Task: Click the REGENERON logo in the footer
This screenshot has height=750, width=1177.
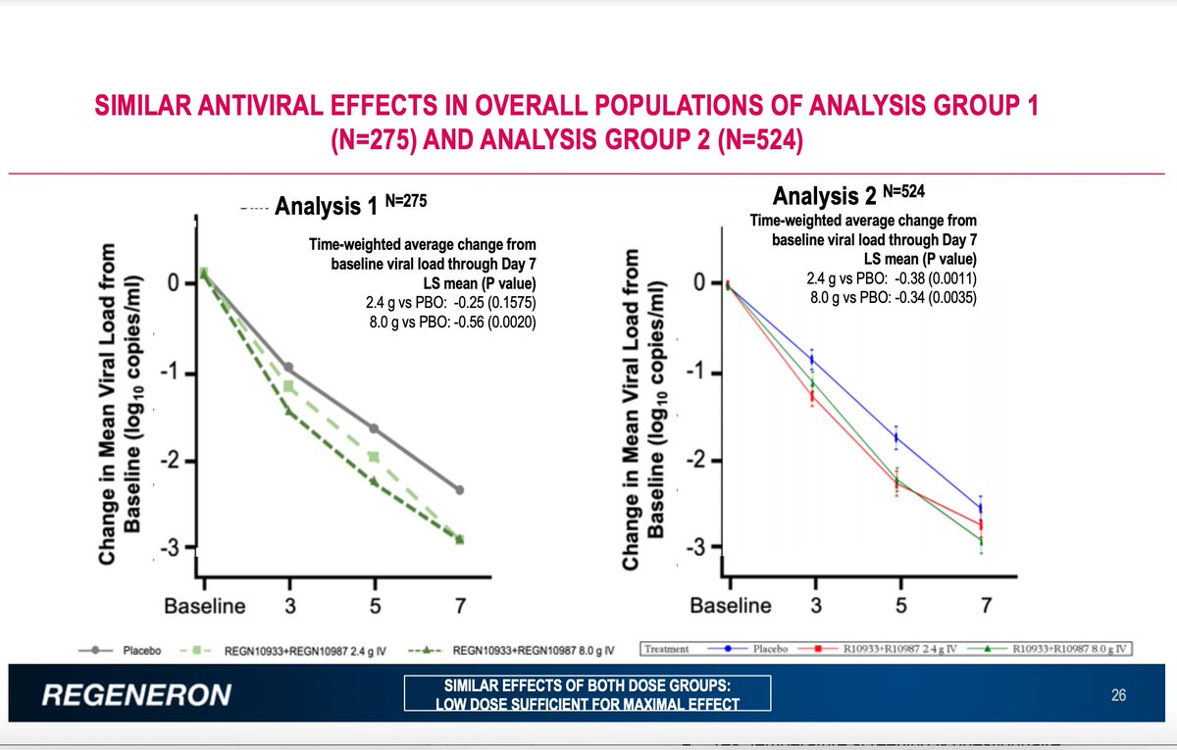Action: pyautogui.click(x=138, y=695)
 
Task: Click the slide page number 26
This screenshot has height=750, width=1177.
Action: pyautogui.click(x=1117, y=696)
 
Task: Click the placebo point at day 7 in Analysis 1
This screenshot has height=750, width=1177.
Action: pyautogui.click(x=460, y=490)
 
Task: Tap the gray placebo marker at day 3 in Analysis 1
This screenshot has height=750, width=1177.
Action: pyautogui.click(x=288, y=368)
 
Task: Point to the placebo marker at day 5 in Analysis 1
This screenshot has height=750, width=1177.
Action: pyautogui.click(x=374, y=428)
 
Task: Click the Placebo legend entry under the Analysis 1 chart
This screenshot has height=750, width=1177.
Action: pyautogui.click(x=128, y=649)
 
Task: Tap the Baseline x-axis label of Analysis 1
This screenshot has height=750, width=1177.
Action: pyautogui.click(x=204, y=606)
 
